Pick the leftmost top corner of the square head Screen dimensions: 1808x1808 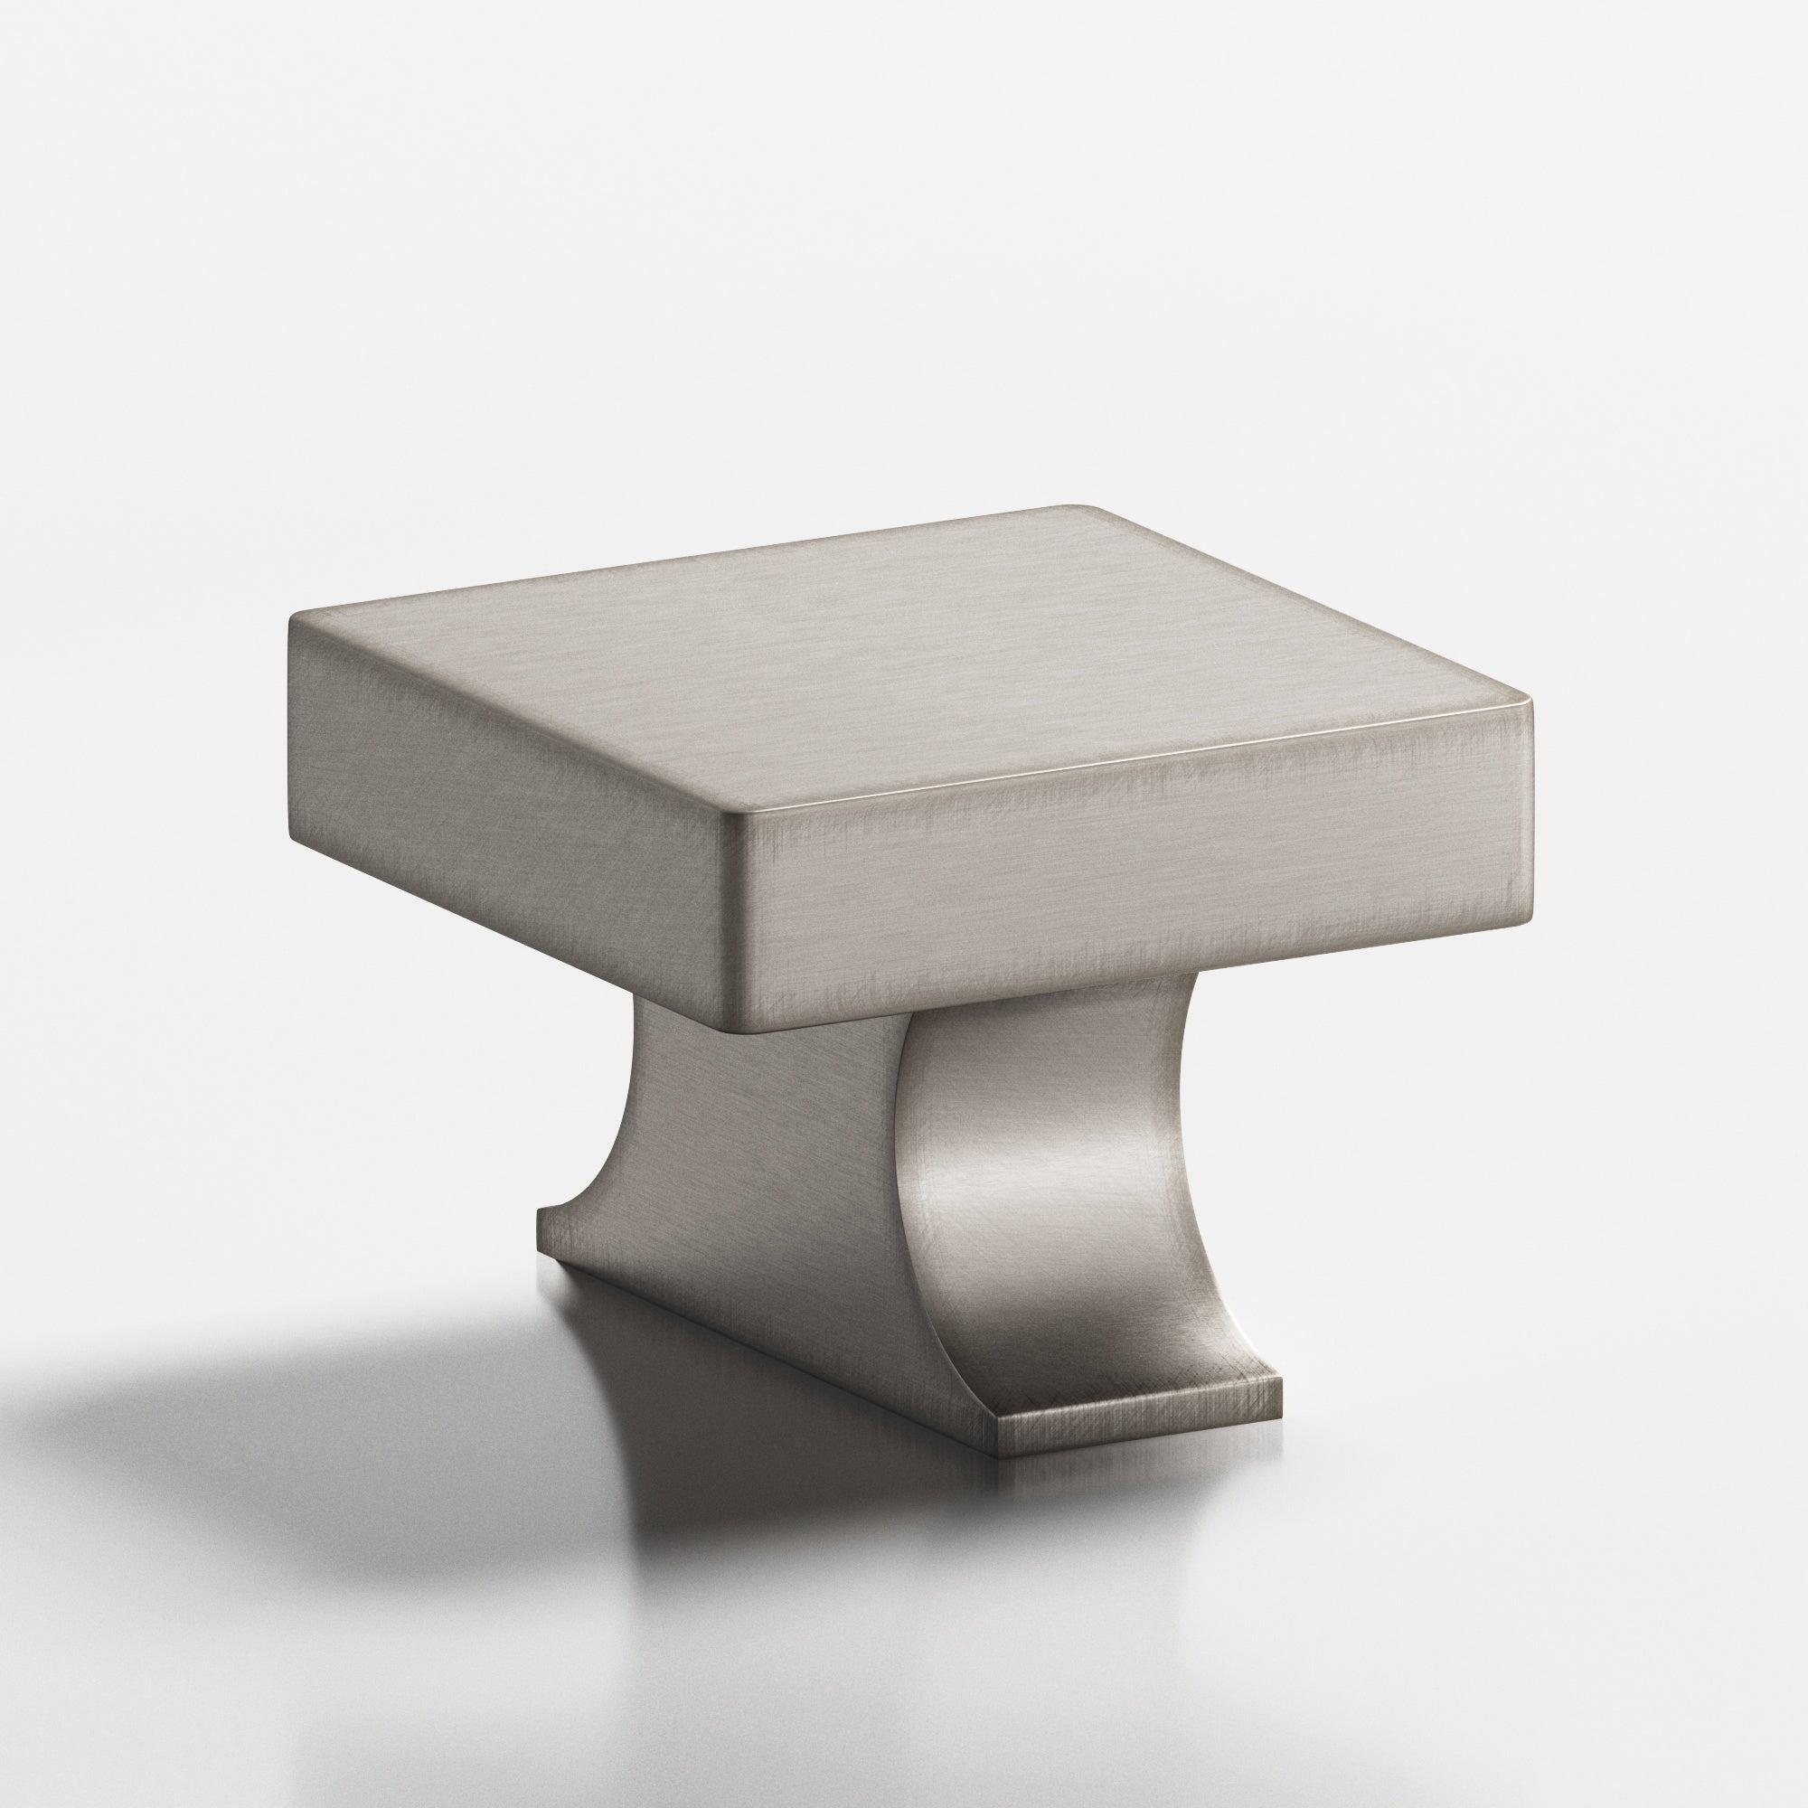(x=292, y=617)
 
